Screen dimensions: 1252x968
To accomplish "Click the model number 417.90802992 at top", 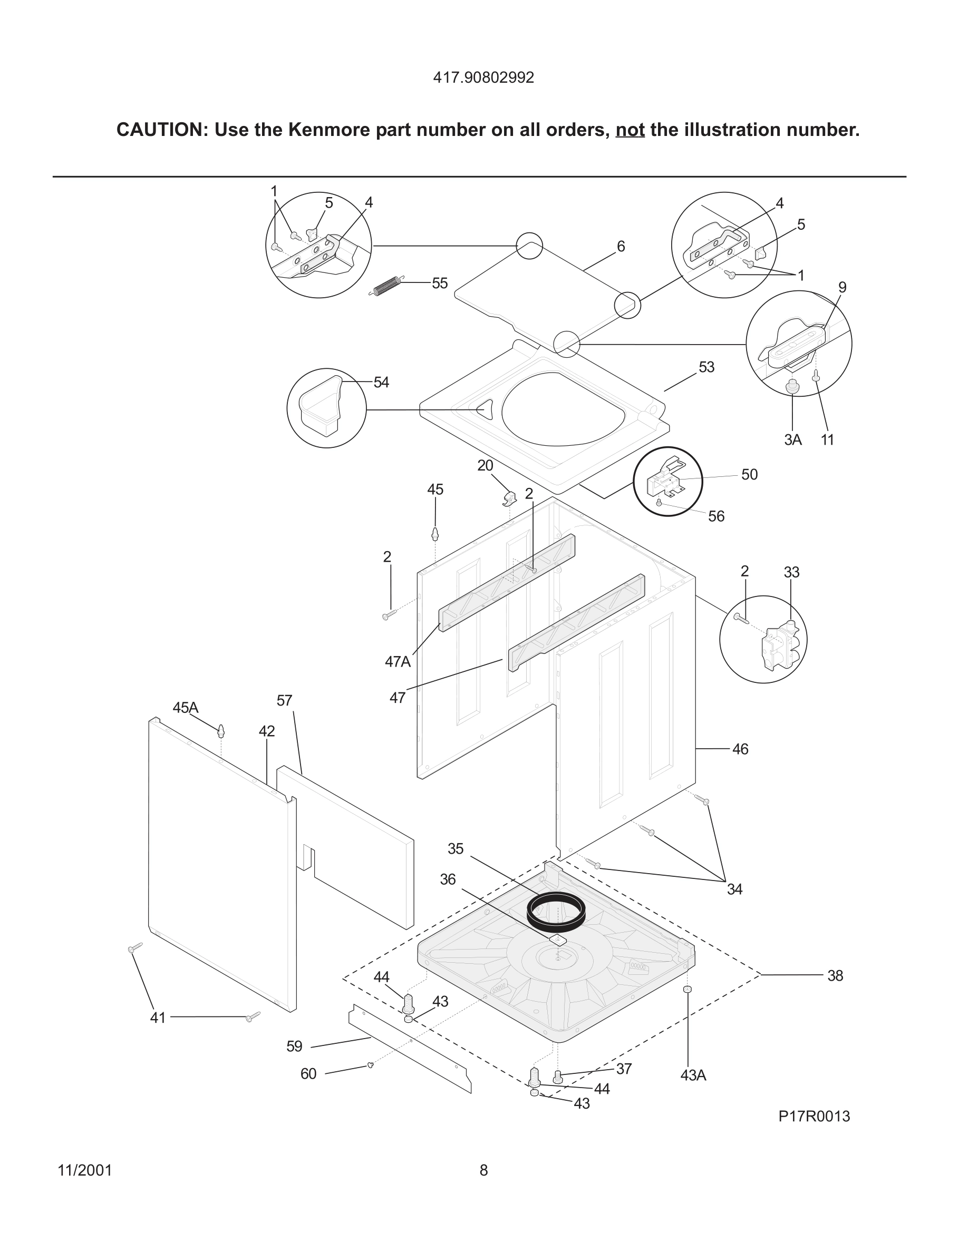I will coord(483,78).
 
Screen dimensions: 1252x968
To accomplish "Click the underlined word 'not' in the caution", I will coord(630,130).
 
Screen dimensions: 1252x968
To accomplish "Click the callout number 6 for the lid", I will coord(621,247).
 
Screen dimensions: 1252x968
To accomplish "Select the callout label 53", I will coord(706,367).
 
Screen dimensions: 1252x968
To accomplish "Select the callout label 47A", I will coord(398,662).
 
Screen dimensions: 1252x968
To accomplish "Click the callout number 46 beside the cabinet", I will coord(740,749).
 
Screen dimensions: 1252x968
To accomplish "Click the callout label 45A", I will coord(185,708).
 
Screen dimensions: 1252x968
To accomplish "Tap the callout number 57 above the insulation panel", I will coord(284,700).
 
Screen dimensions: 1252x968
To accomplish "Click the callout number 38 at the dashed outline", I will coord(835,976).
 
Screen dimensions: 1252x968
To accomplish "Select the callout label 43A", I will coord(693,1076).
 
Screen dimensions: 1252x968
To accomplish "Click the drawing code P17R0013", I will coord(814,1117).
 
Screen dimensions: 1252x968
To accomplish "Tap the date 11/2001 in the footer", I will coord(85,1171).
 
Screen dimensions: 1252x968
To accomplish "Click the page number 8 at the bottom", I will coord(483,1171).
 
